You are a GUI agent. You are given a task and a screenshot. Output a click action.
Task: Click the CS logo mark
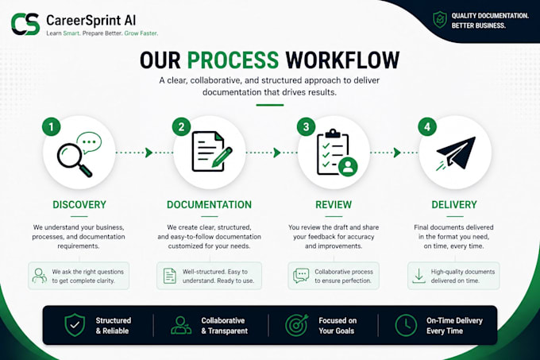[25, 24]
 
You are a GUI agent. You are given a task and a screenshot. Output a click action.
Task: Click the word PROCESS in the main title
[233, 60]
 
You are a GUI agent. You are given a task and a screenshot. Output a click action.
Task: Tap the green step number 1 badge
[52, 127]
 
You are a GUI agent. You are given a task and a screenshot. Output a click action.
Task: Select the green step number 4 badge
[427, 127]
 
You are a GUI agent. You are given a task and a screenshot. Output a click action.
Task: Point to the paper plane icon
[456, 153]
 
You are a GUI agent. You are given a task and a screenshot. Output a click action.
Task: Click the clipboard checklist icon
[336, 153]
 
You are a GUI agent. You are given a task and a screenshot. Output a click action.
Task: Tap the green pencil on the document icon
[222, 157]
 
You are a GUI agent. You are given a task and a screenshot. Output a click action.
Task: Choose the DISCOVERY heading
[79, 204]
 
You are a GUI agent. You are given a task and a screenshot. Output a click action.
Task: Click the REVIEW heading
[334, 204]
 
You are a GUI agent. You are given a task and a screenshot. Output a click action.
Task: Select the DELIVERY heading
[454, 204]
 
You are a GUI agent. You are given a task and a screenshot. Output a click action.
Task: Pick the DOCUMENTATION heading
[210, 204]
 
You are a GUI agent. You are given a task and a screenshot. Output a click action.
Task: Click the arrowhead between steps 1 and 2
[148, 153]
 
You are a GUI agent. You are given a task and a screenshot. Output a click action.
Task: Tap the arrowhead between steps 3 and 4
[397, 153]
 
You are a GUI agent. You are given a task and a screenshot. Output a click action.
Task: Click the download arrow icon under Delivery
[418, 276]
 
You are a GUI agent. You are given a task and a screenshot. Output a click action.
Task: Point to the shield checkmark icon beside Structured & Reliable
[75, 325]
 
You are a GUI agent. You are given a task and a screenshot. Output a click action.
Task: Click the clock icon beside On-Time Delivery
[406, 325]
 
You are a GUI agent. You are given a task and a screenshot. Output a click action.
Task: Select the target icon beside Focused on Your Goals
[296, 325]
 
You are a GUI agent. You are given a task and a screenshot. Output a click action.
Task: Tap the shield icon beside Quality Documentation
[440, 19]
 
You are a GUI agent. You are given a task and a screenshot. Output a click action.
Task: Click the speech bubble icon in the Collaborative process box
[301, 276]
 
